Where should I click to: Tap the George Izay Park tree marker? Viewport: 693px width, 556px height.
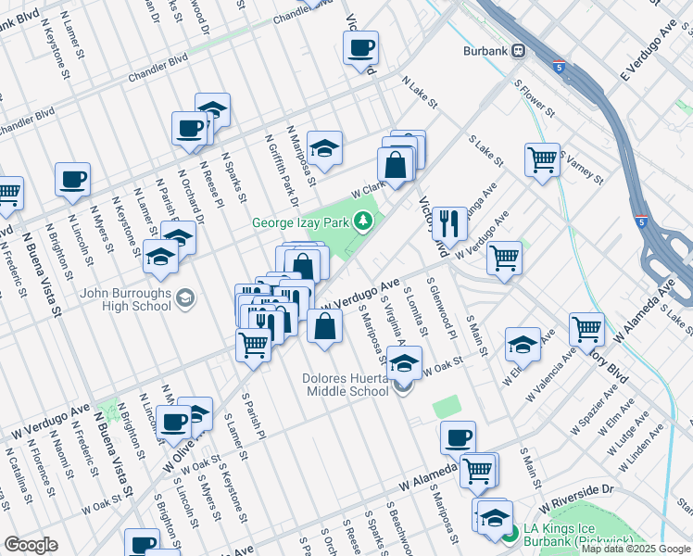[365, 221]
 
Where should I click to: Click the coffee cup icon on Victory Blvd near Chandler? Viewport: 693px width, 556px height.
[361, 47]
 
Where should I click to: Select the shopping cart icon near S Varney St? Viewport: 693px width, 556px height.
[542, 158]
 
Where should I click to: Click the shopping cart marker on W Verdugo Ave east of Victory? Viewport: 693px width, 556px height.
[504, 257]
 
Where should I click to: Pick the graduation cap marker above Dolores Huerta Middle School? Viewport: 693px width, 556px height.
[404, 362]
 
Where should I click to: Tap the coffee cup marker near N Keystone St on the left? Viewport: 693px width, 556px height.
[72, 179]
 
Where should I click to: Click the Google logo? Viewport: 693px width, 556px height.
[31, 545]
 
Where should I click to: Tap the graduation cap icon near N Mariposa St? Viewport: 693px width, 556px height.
[324, 147]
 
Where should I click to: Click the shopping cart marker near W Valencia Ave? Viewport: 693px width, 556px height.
[587, 328]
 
